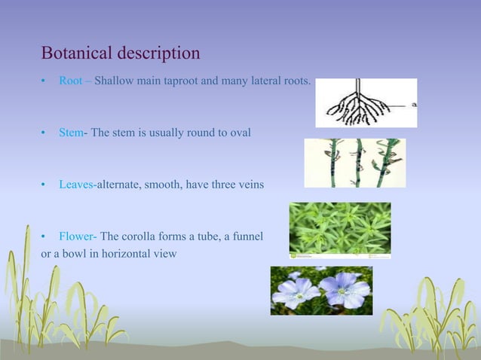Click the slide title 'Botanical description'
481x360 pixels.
121,53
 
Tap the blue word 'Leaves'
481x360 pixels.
76,185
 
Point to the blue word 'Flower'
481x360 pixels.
76,236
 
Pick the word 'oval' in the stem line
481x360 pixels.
239,133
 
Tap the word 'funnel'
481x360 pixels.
247,236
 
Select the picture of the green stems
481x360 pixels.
354,163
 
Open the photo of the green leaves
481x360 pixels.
340,229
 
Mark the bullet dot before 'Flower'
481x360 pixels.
44,237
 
